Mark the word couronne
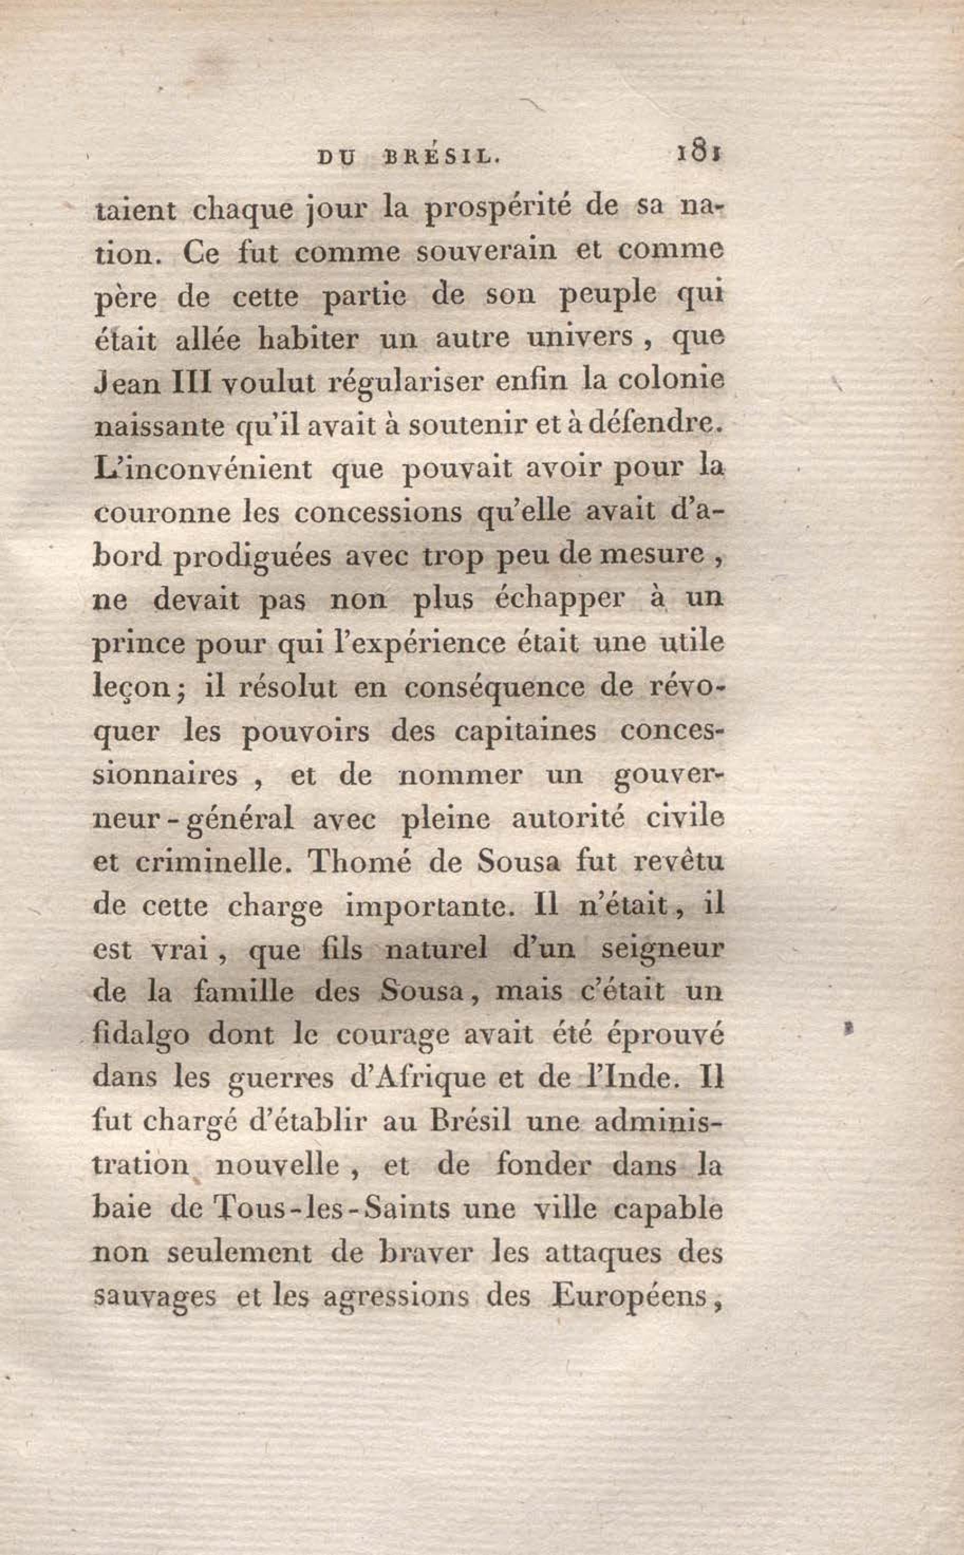pyautogui.click(x=162, y=513)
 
